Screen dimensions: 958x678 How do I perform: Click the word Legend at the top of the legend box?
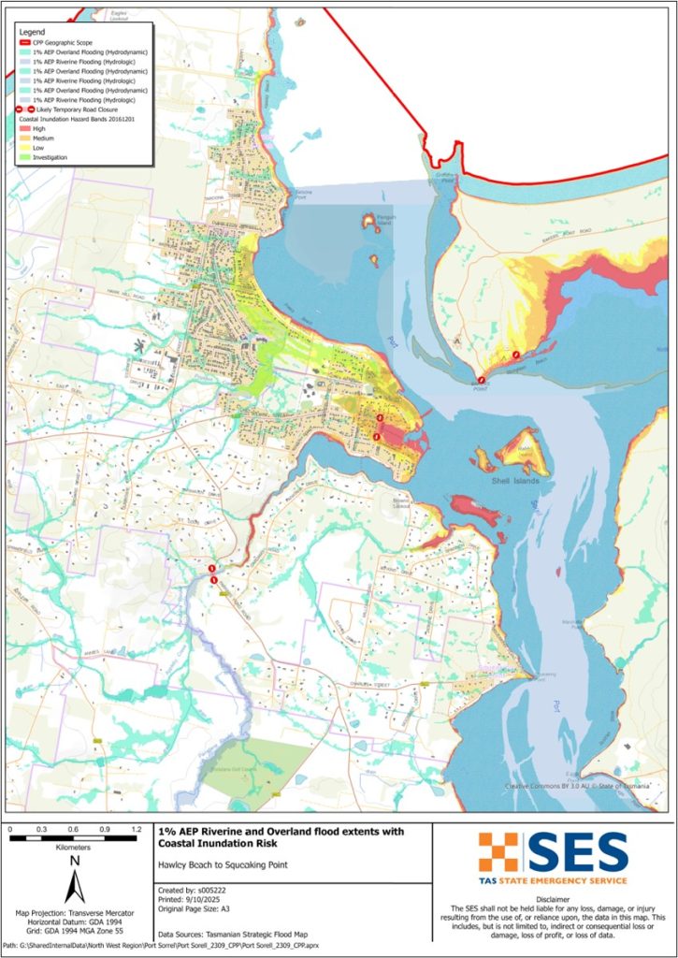tap(32, 31)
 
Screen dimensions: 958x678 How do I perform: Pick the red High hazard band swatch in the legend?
tap(25, 129)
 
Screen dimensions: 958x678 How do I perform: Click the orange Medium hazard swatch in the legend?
tap(25, 138)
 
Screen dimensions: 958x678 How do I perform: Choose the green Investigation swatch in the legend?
tap(25, 157)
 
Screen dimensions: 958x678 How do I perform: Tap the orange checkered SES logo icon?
tap(498, 851)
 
